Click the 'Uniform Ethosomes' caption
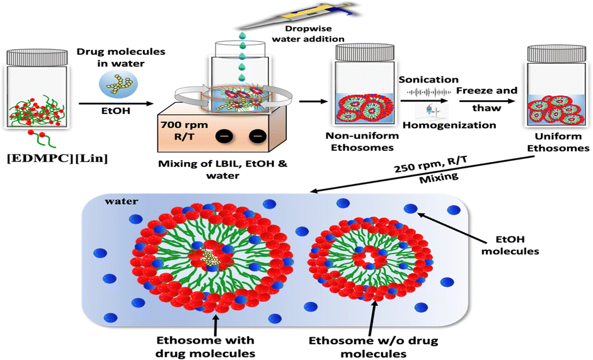tap(557, 142)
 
